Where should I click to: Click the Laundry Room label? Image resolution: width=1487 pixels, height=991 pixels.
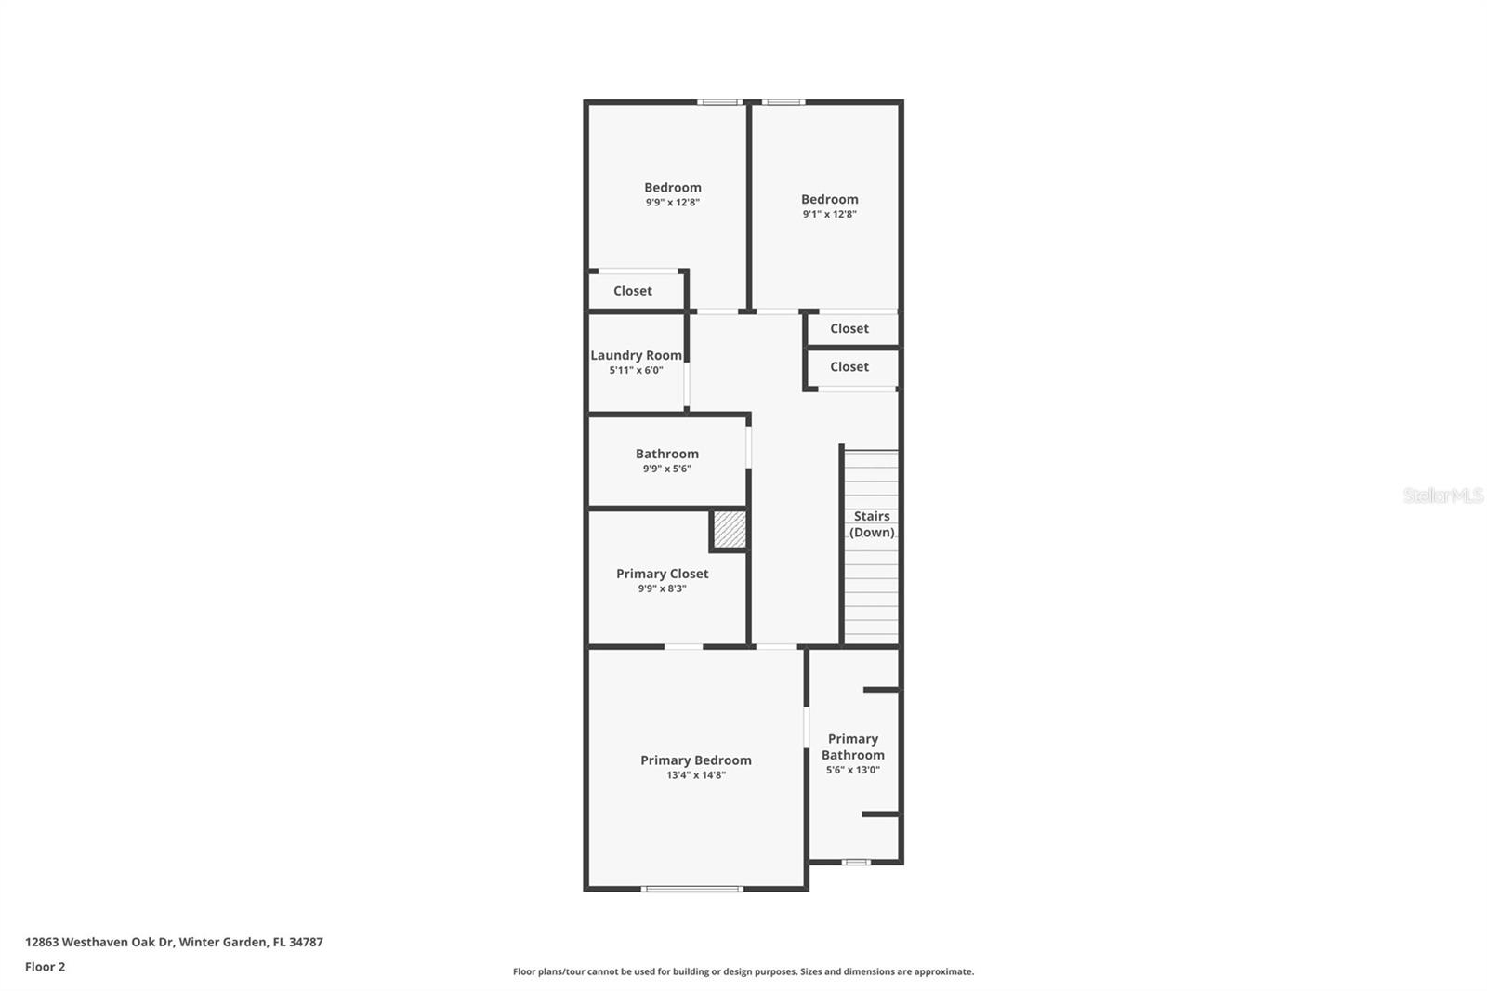tap(636, 355)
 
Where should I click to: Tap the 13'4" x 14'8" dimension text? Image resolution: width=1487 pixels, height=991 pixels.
tap(695, 775)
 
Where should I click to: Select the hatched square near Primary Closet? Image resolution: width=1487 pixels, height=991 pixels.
tap(730, 529)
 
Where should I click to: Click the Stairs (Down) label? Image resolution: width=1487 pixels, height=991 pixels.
tap(872, 524)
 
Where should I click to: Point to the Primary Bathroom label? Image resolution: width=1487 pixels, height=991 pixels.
tap(852, 747)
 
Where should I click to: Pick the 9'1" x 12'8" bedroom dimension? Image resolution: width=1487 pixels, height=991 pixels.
tap(829, 214)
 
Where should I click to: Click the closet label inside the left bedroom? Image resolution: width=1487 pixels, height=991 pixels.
tap(632, 291)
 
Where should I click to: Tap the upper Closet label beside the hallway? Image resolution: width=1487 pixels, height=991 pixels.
tap(849, 328)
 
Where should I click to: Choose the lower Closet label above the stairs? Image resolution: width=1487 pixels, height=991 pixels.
tap(849, 366)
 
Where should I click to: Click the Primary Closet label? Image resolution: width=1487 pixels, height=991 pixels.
tap(662, 574)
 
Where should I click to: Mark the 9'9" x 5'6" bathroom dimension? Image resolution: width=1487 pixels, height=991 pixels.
tap(666, 469)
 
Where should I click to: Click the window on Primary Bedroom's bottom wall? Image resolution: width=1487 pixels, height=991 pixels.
tap(692, 889)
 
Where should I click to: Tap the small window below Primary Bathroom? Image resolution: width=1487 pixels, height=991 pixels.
tap(856, 862)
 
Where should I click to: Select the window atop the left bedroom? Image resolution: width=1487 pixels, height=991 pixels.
tap(719, 101)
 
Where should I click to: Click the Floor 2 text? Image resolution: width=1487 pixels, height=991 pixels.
tap(45, 967)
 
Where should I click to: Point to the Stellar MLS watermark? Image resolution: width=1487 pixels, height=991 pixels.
tap(1442, 495)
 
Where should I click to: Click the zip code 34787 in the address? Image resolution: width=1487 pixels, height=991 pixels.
tap(306, 942)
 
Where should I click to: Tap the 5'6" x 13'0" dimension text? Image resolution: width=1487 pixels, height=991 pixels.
tap(852, 770)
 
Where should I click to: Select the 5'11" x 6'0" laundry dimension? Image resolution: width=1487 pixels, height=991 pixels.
tap(636, 370)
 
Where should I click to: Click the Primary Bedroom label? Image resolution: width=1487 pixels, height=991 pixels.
tap(695, 760)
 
